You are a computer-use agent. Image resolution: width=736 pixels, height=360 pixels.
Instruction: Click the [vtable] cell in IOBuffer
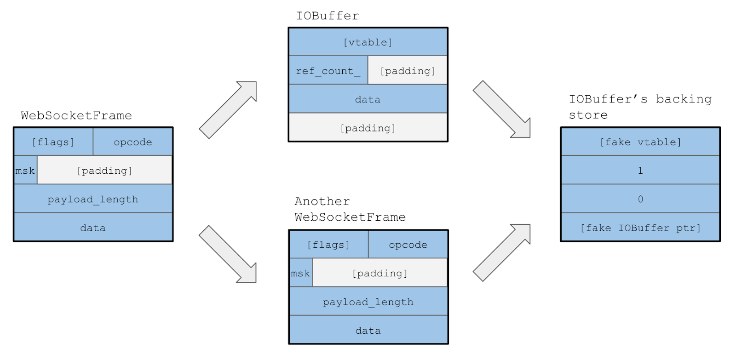(368, 42)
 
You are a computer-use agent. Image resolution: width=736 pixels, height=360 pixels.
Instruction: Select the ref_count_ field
(328, 70)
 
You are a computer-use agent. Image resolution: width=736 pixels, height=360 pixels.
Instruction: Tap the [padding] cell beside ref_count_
(408, 70)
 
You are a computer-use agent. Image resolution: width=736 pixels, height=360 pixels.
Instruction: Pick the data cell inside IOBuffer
(368, 99)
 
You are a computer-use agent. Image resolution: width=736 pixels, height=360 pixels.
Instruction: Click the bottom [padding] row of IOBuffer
(368, 127)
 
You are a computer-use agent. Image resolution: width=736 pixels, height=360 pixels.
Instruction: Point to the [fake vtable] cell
(640, 142)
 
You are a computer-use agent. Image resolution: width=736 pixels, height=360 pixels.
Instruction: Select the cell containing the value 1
(640, 170)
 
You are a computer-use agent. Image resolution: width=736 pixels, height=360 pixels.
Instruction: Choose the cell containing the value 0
(640, 199)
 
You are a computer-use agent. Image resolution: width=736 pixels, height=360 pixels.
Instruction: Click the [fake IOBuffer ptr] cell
(640, 227)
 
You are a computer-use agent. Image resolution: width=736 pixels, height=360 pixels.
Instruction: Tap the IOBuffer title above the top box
(328, 16)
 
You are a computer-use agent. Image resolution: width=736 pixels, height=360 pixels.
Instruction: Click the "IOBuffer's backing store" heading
(640, 107)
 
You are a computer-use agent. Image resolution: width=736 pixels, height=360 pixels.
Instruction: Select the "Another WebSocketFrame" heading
(350, 209)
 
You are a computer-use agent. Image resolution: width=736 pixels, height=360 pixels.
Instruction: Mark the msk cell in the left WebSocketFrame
(25, 170)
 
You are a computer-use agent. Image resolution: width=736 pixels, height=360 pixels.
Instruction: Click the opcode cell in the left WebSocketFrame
(133, 142)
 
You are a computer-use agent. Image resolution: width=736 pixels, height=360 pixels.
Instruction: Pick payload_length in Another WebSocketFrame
(368, 302)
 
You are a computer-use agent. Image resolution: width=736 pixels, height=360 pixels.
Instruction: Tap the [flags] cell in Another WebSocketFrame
(328, 245)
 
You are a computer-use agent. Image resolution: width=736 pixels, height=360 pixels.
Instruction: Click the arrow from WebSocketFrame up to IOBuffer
(228, 110)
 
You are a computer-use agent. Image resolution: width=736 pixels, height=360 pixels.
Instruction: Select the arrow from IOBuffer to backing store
(502, 109)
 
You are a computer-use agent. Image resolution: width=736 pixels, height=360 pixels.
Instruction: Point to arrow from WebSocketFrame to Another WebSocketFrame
(228, 254)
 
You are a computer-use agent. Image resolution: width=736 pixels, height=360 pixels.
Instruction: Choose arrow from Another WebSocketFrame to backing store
(502, 252)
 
